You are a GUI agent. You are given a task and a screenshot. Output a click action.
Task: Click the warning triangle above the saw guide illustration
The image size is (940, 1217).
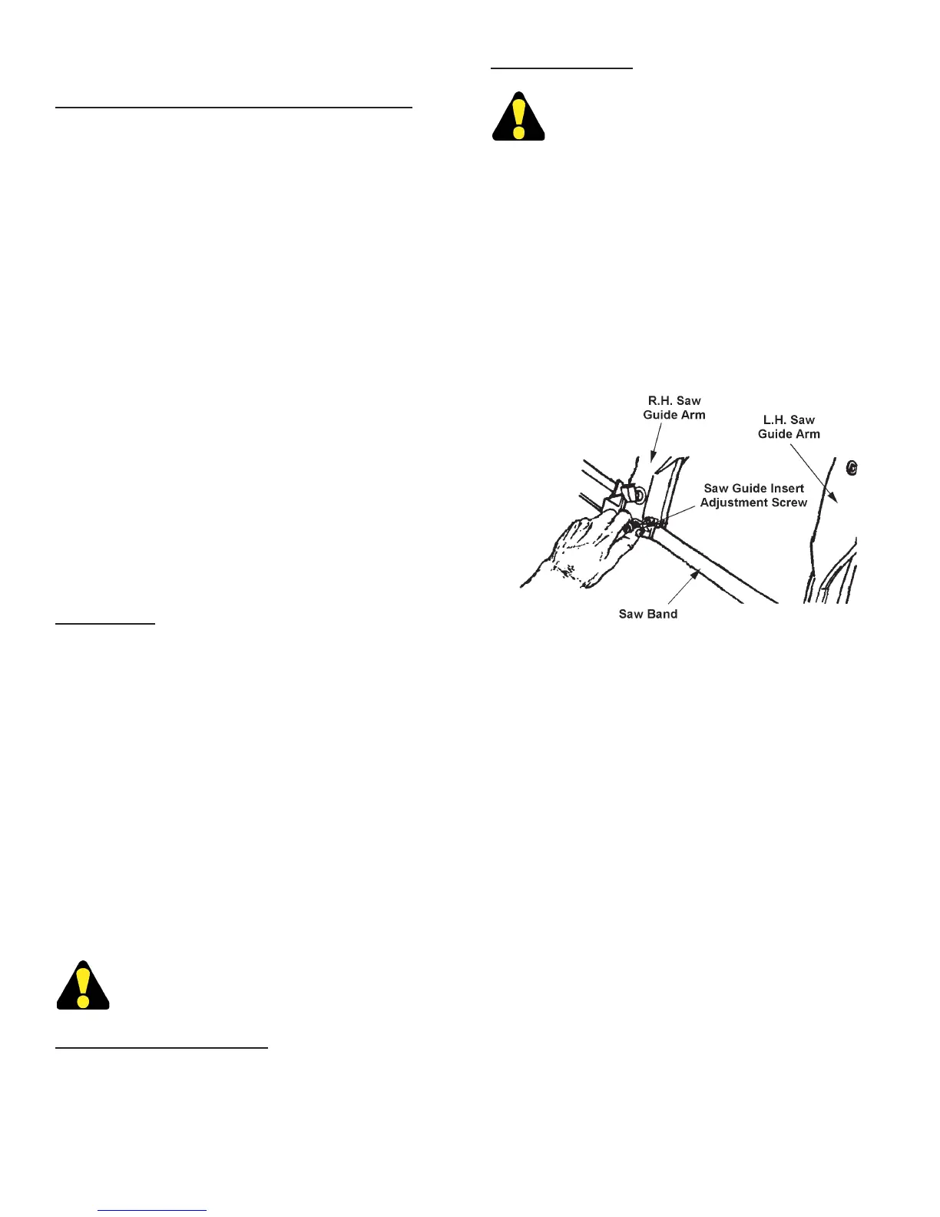[x=518, y=118]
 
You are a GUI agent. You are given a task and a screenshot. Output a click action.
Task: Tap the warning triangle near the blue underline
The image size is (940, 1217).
[x=83, y=986]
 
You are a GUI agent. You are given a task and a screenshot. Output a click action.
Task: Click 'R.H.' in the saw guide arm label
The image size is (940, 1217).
[x=657, y=401]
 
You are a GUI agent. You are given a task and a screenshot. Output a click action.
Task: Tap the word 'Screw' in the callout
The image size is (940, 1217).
[x=790, y=503]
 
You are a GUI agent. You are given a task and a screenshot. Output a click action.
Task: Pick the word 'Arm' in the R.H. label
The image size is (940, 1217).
[x=693, y=416]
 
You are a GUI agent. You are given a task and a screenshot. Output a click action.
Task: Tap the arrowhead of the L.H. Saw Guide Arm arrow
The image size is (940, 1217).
[x=836, y=499]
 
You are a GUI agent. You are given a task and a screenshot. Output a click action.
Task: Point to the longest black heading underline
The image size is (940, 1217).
[x=233, y=108]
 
